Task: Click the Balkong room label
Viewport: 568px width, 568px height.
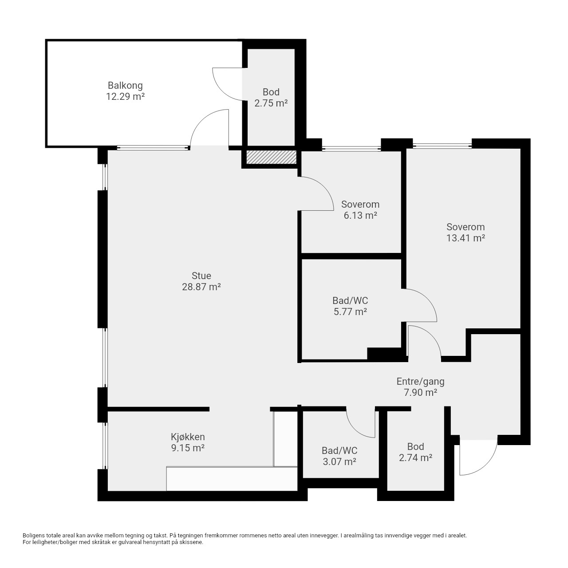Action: [x=125, y=86]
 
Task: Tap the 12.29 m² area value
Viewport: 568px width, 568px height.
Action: [x=125, y=97]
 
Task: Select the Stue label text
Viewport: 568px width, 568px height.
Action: [x=201, y=276]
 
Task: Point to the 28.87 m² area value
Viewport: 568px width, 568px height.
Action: [x=201, y=287]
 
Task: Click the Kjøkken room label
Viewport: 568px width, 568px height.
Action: [x=188, y=437]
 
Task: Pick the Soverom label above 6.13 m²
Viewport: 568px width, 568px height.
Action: [x=360, y=204]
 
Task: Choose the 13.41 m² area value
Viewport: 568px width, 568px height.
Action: [x=465, y=238]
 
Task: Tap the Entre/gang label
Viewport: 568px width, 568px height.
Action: [x=420, y=382]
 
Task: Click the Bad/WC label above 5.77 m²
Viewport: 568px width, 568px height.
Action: [x=350, y=301]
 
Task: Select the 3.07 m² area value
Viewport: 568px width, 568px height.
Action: [x=339, y=461]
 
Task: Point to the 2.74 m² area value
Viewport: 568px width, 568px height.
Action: [x=415, y=458]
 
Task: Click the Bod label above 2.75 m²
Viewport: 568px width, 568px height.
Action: [x=271, y=92]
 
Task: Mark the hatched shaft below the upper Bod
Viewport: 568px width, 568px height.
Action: [x=271, y=157]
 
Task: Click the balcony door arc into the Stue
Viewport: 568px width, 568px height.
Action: [x=201, y=119]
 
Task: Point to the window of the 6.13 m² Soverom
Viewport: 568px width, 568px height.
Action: [x=351, y=149]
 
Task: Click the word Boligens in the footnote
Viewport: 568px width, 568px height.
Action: [x=34, y=536]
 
